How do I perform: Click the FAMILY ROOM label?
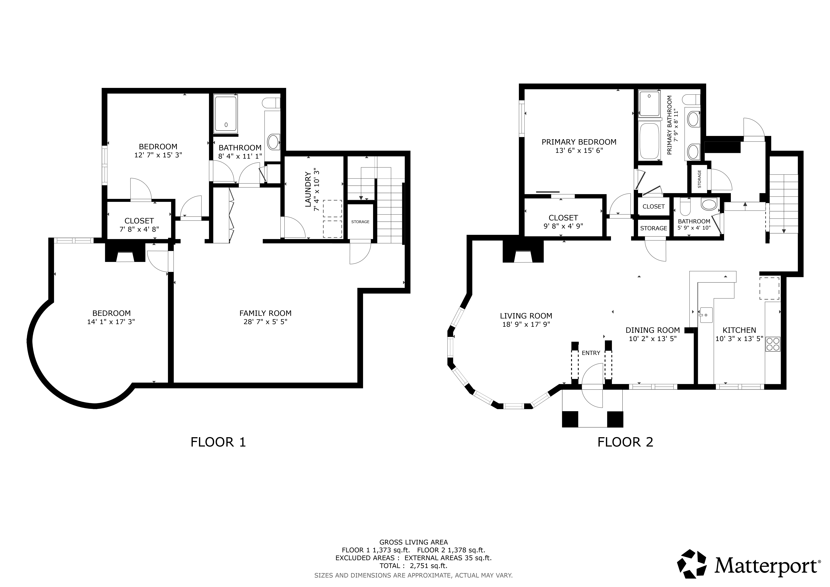coord(265,313)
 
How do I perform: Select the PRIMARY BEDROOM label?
coord(579,142)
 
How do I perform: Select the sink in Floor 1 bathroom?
coord(274,142)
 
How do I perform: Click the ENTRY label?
coord(591,353)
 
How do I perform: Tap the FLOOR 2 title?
coord(625,442)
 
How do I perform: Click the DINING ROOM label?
coord(653,330)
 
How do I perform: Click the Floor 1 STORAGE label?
coord(360,222)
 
